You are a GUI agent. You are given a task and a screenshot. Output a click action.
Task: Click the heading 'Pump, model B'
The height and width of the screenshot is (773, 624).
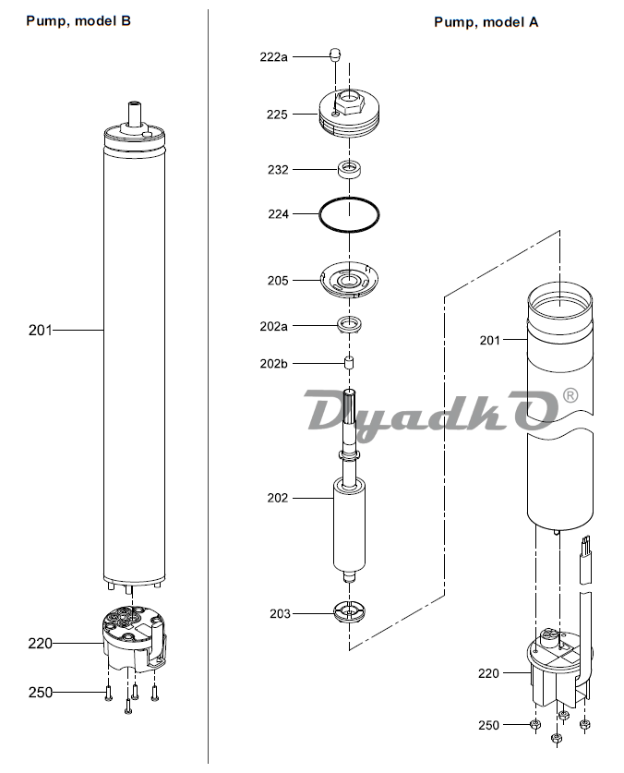pos(78,21)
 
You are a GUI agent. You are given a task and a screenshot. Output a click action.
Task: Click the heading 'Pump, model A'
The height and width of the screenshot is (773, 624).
pos(486,22)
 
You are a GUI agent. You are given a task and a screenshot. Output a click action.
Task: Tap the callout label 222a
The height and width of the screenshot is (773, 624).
pos(273,57)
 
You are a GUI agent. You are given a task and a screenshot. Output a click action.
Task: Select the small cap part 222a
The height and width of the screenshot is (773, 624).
pos(335,54)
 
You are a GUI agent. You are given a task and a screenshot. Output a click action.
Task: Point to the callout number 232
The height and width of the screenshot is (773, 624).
pos(278,170)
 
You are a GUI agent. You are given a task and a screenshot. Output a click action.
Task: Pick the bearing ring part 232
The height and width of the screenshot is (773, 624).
pos(350,170)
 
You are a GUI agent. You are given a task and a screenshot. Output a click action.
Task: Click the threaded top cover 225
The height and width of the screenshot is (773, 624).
pos(350,113)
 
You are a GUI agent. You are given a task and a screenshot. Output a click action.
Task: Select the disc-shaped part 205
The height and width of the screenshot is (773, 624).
pos(350,280)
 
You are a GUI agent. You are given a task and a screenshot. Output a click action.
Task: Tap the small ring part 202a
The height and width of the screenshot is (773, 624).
pos(350,325)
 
